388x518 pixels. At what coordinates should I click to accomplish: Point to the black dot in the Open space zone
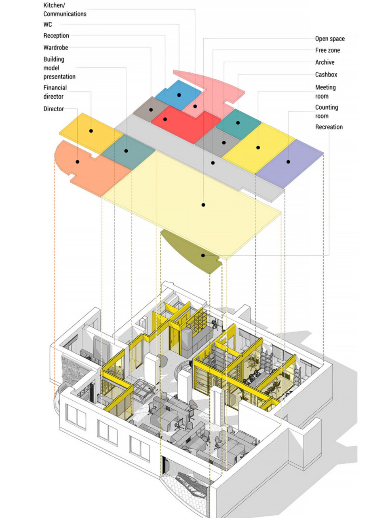[203, 205]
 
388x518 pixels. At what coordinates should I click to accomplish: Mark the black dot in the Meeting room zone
[258, 148]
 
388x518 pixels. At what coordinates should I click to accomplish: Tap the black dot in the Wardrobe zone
[151, 109]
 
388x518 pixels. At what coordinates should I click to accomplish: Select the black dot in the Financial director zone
[91, 131]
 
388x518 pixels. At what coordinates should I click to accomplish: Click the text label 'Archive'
[325, 62]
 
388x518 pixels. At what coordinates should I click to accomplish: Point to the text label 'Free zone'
[327, 50]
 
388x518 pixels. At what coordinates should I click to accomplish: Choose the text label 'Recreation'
[329, 127]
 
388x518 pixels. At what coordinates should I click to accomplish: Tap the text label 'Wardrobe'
[55, 47]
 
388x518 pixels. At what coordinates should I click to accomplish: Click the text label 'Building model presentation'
[59, 68]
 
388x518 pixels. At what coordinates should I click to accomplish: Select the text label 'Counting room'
[326, 112]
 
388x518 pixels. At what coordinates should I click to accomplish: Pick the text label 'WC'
[48, 24]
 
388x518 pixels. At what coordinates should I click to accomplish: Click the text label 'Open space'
[330, 39]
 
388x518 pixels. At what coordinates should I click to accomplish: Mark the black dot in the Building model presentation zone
[126, 151]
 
